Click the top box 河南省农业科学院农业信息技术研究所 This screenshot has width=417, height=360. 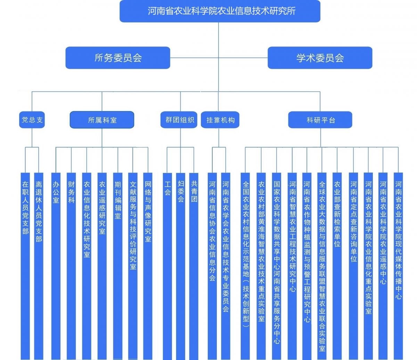tap(220, 11)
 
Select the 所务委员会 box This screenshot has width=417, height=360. tap(118, 58)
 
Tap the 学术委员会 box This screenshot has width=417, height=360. tap(320, 58)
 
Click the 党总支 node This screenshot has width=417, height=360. tap(32, 120)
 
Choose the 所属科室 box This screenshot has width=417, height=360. tap(102, 120)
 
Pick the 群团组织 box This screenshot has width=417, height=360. tap(179, 120)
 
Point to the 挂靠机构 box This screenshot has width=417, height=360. tap(220, 120)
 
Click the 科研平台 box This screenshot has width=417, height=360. tap(320, 120)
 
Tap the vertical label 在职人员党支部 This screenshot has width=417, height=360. tap(25, 208)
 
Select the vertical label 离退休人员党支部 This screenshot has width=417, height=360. tap(39, 212)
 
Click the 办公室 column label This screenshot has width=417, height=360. tap(56, 192)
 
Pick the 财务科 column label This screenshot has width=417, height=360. tap(71, 192)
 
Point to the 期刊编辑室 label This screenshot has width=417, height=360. tap(118, 200)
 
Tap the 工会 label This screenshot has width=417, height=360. tap(167, 188)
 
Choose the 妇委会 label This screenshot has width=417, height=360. tap(181, 192)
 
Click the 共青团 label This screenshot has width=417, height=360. tap(194, 192)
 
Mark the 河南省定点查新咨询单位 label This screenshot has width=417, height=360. tap(353, 222)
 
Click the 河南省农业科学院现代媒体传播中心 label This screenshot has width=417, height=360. tap(399, 240)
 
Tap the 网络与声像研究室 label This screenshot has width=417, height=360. tap(148, 212)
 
